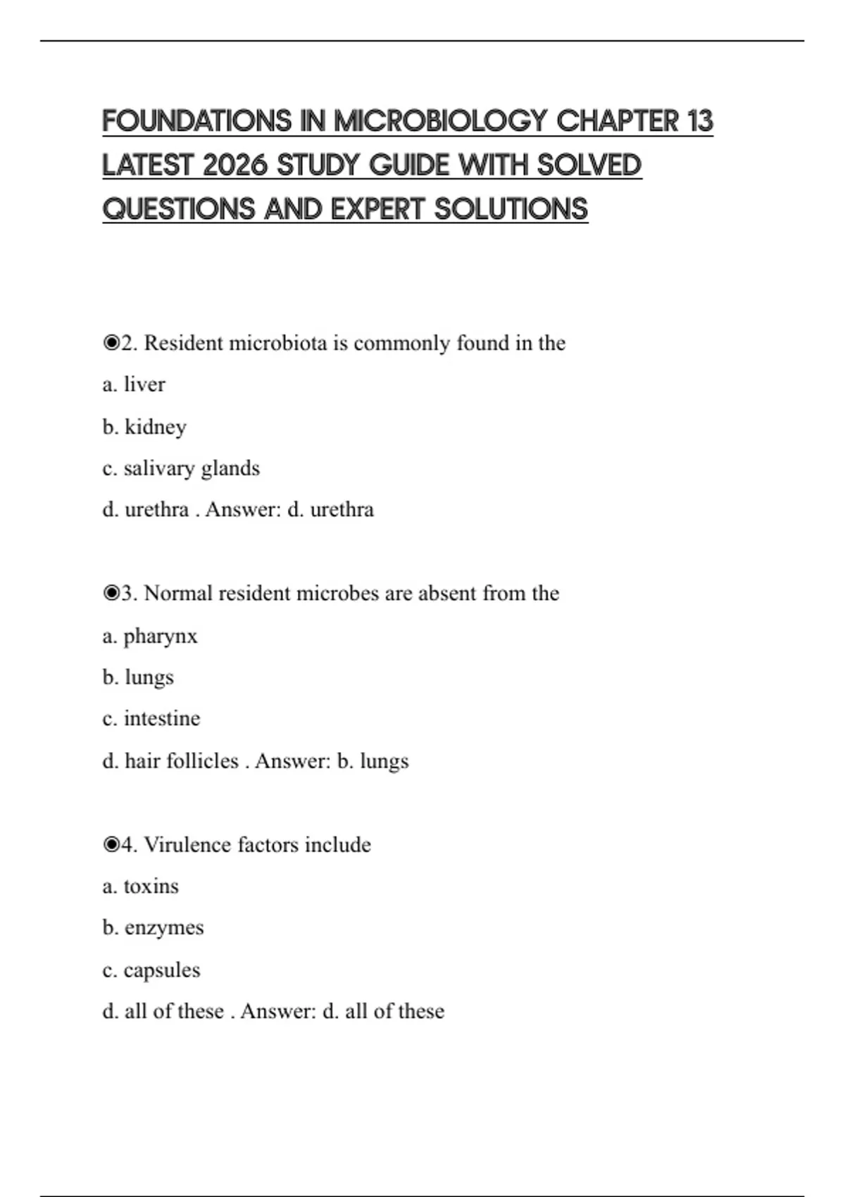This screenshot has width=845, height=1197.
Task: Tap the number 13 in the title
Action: click(700, 121)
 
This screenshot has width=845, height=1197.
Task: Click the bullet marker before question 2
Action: click(111, 343)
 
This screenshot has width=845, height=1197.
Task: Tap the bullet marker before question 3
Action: click(111, 594)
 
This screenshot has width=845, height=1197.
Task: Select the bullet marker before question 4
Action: click(111, 844)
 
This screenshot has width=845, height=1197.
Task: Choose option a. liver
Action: click(134, 384)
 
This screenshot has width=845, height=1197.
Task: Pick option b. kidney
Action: click(144, 427)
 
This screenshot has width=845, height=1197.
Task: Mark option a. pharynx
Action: click(149, 636)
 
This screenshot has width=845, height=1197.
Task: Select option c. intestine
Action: click(151, 719)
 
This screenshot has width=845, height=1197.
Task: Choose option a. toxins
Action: click(140, 886)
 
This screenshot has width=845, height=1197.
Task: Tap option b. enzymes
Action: click(153, 927)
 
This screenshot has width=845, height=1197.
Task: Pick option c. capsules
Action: click(151, 970)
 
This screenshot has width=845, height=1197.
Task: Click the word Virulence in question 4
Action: click(188, 844)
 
